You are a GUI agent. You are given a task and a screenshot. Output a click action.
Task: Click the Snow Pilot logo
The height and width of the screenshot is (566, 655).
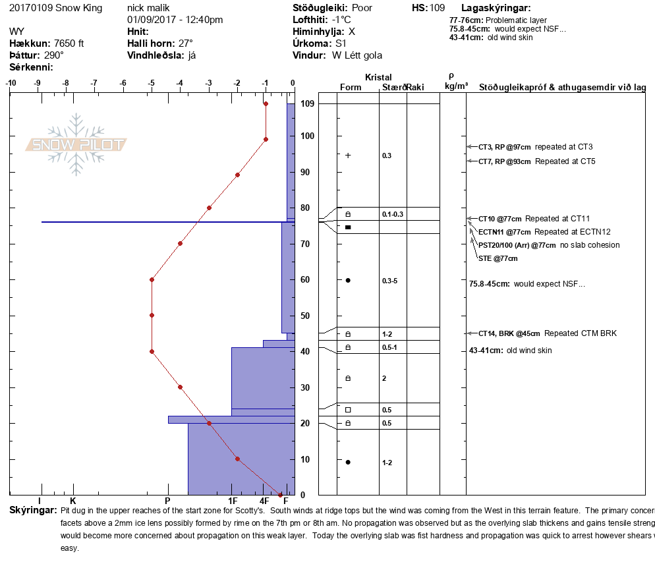click(x=76, y=144)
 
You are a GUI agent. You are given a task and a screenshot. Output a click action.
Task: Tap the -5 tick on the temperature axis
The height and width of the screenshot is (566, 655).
click(x=152, y=83)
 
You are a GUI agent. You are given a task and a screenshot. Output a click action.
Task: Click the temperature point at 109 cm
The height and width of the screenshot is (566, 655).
click(x=266, y=103)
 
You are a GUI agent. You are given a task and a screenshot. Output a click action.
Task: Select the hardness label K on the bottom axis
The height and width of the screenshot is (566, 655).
click(x=73, y=501)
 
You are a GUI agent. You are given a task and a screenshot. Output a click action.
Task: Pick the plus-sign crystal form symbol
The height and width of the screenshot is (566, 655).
click(x=348, y=156)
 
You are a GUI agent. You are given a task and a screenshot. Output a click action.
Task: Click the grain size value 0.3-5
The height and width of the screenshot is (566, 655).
click(x=389, y=281)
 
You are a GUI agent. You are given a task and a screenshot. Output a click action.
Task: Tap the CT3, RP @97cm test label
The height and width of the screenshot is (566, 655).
click(x=505, y=147)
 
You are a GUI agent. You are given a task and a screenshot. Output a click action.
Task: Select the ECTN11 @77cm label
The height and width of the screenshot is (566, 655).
click(x=505, y=232)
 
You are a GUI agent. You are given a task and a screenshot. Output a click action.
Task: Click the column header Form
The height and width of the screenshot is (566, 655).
click(x=351, y=88)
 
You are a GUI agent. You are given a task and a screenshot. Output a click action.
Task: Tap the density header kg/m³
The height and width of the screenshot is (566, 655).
click(x=457, y=87)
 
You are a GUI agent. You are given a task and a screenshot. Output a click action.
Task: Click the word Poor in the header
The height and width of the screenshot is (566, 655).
click(x=363, y=8)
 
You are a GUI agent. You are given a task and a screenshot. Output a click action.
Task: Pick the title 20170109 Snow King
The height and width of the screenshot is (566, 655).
click(x=56, y=8)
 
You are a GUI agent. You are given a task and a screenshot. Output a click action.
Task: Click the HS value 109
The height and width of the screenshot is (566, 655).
click(x=438, y=8)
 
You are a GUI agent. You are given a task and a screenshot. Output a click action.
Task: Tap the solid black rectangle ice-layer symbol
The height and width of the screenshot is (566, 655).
click(x=348, y=227)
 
